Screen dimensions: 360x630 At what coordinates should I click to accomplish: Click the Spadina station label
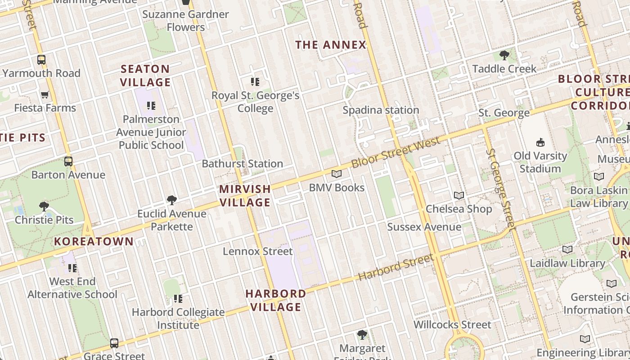point(381,110)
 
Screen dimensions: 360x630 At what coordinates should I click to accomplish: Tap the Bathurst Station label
point(242,164)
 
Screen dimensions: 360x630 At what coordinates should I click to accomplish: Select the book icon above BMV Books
point(337,174)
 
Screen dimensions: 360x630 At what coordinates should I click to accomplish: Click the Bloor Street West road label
point(396,153)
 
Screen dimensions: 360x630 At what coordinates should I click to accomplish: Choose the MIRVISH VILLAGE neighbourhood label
point(245,196)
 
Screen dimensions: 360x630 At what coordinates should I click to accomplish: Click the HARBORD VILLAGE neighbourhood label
point(276,300)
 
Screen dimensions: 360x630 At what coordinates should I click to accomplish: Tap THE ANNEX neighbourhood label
point(331,45)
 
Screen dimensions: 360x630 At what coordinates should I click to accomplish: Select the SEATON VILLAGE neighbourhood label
point(145,76)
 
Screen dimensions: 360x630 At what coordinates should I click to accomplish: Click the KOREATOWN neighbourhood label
point(94,242)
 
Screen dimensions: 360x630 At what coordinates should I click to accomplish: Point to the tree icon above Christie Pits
point(44,207)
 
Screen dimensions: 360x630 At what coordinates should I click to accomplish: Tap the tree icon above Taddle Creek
point(504,55)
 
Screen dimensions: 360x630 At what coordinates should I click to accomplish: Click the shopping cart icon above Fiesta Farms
point(45,94)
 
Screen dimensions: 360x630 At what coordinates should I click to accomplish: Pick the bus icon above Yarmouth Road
point(41,59)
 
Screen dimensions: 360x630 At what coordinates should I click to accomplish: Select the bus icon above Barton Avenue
point(68,161)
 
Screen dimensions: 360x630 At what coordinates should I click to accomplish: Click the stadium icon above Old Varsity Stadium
point(540,143)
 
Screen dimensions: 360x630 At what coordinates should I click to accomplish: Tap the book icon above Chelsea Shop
point(459,195)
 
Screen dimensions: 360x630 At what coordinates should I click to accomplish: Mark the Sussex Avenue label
point(424,227)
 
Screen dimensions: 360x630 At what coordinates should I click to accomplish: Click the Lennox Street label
point(258,251)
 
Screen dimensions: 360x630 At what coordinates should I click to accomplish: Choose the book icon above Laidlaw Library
point(567,249)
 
